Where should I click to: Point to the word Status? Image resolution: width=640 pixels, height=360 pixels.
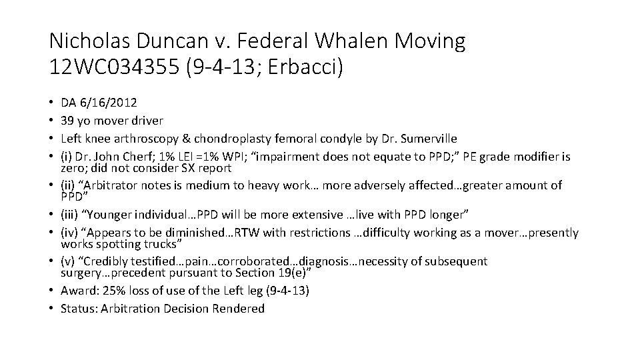coord(76,309)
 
